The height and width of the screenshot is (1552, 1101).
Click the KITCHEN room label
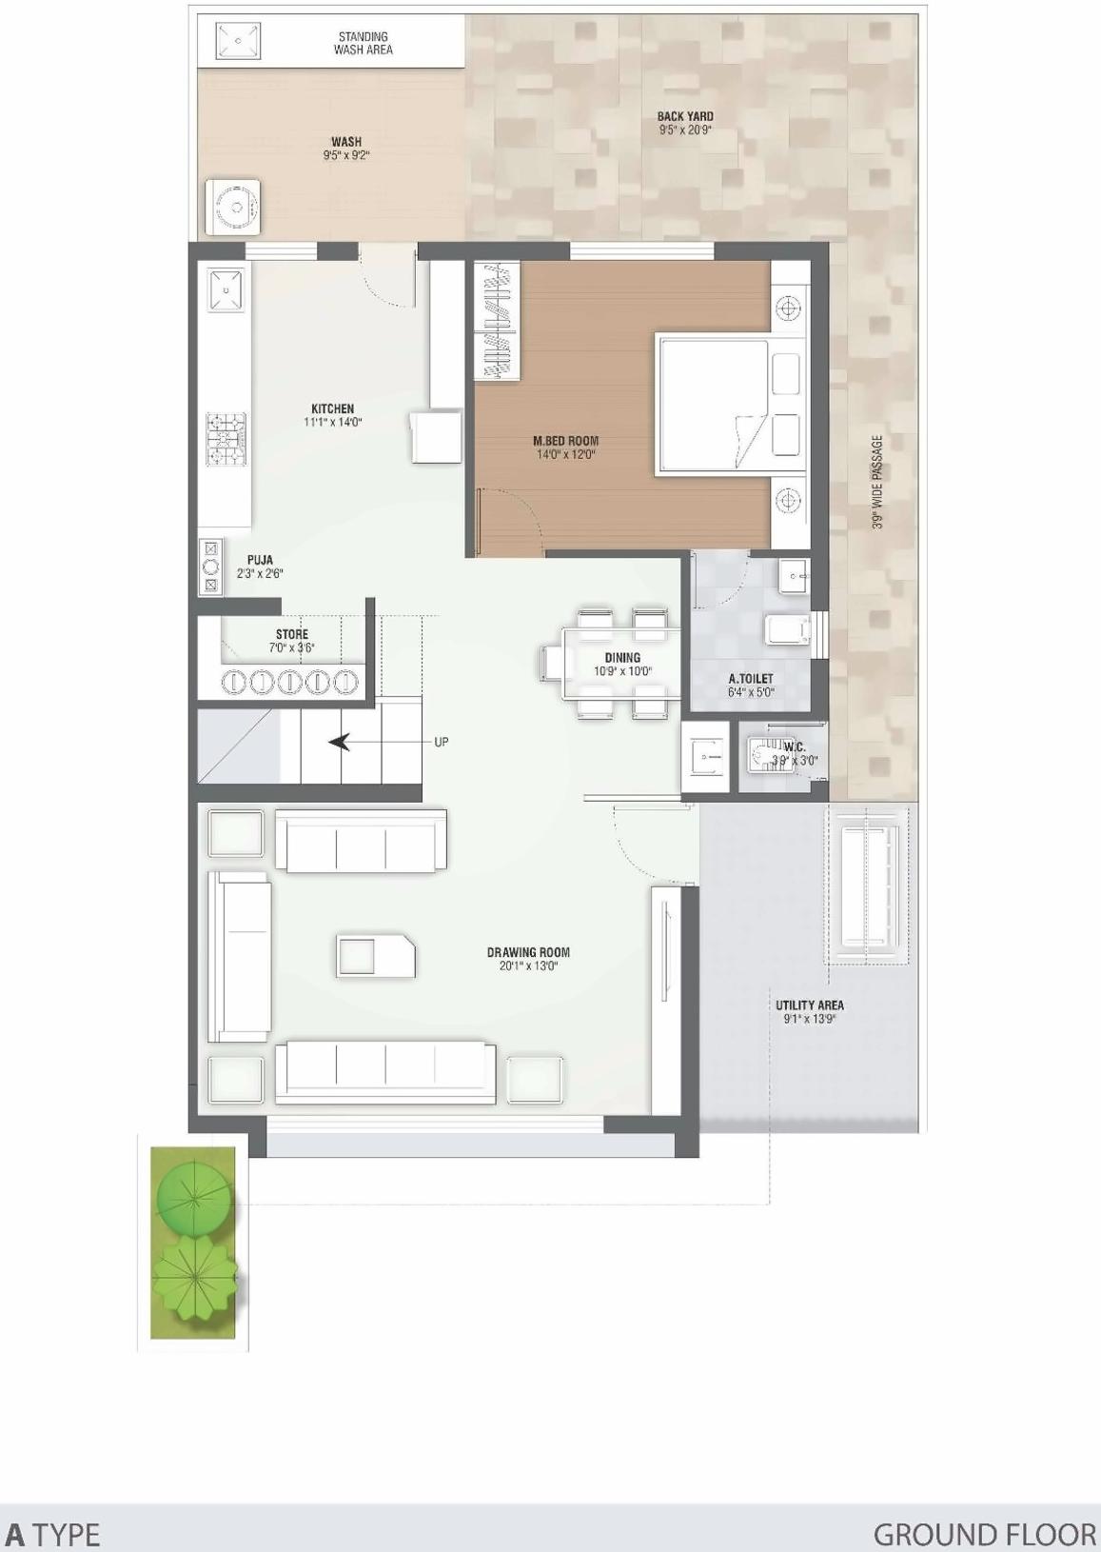332,408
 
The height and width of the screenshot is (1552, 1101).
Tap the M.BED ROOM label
565,441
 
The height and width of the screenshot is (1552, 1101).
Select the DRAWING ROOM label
528,952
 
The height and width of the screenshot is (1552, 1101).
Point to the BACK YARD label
685,117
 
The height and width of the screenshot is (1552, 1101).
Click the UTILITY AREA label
809,1005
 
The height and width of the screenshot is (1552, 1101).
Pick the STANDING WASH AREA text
364,44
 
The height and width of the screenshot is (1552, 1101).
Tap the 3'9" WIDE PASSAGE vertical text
877,482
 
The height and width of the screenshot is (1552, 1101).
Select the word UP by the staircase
441,742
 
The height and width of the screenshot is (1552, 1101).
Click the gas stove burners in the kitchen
226,439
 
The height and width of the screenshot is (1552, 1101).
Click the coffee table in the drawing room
376,956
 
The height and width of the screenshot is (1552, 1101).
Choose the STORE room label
292,634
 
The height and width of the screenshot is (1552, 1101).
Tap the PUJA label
260,561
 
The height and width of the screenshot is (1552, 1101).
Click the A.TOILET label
751,679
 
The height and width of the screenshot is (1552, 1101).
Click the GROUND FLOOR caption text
984,1534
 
